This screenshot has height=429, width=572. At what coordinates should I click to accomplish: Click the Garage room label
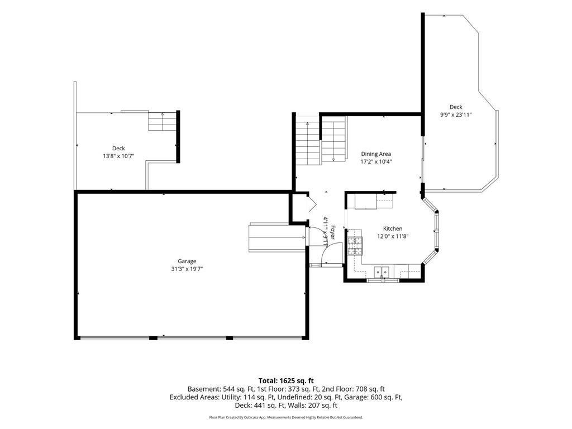[x=187, y=261]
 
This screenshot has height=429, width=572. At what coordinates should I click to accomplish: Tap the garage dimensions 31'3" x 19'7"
[x=187, y=269]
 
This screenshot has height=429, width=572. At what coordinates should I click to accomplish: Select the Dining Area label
[x=376, y=154]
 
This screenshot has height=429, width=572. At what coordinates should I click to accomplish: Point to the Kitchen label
[x=393, y=228]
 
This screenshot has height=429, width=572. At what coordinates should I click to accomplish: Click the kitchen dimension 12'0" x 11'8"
[x=393, y=236]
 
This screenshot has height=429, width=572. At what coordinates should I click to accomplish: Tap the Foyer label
[x=333, y=233]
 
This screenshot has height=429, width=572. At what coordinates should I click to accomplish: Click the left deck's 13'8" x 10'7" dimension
[x=118, y=156]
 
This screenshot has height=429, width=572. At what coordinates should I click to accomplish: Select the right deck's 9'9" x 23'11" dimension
[x=456, y=115]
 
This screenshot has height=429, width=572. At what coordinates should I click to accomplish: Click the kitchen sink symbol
[x=382, y=272]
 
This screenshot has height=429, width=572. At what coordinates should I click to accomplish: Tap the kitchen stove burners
[x=355, y=246]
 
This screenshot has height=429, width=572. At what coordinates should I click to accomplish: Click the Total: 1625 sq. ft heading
[x=286, y=381]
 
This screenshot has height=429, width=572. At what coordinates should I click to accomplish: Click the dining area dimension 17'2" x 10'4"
[x=376, y=162]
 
